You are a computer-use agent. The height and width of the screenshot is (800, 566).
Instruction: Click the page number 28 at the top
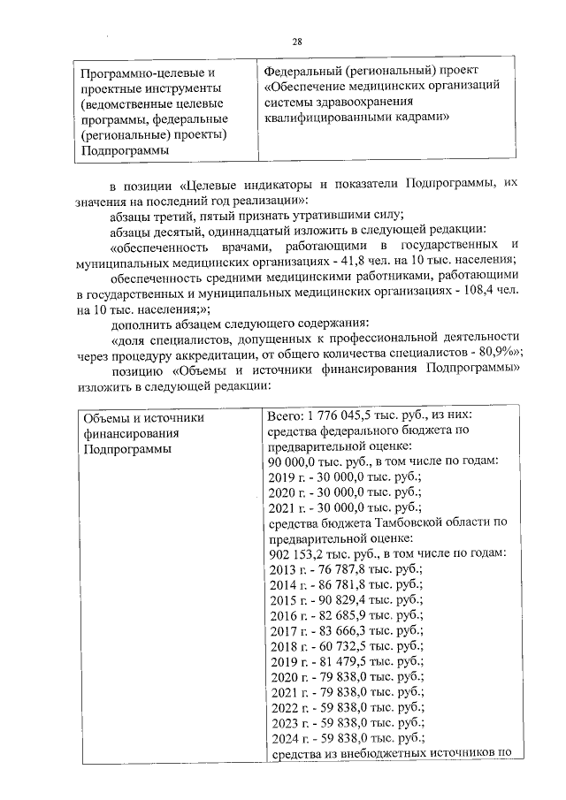pyautogui.click(x=297, y=42)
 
